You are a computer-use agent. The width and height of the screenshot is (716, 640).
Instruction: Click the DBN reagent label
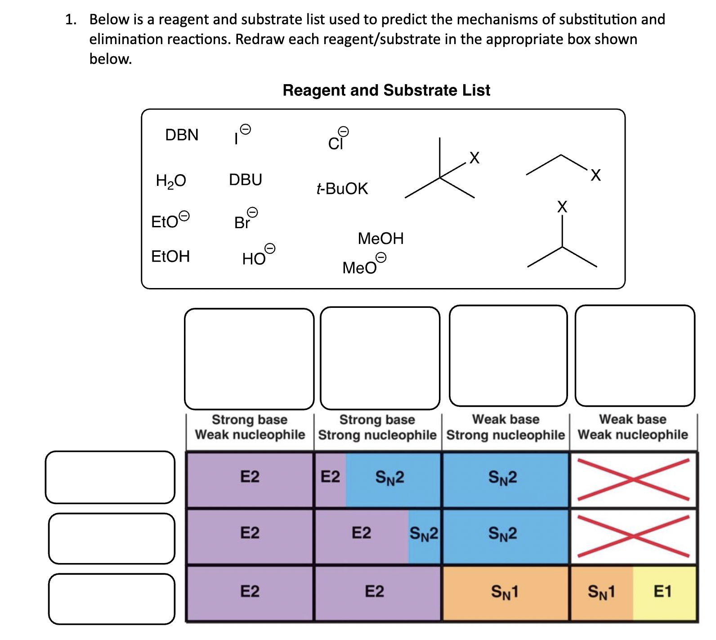point(182,135)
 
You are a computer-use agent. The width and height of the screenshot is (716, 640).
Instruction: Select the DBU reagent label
point(245,180)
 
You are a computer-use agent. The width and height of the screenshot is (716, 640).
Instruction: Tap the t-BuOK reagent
point(342,188)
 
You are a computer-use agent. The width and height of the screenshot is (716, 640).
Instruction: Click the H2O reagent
point(170,180)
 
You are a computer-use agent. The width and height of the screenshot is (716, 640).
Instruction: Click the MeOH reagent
point(380,238)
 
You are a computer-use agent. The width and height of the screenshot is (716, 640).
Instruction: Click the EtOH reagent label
point(170,256)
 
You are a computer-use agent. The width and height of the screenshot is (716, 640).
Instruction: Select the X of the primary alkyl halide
point(595,175)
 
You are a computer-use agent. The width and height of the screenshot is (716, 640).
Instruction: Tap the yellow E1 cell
point(663,591)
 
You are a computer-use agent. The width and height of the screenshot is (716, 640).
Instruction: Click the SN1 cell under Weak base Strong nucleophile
point(505,591)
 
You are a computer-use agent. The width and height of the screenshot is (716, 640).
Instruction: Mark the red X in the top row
point(633,479)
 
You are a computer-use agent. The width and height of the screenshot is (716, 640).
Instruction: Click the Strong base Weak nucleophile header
point(250,427)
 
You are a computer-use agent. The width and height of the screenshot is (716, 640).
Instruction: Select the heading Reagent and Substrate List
point(386,90)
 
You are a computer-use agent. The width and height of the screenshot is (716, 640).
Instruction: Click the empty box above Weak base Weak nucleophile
point(635,356)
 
